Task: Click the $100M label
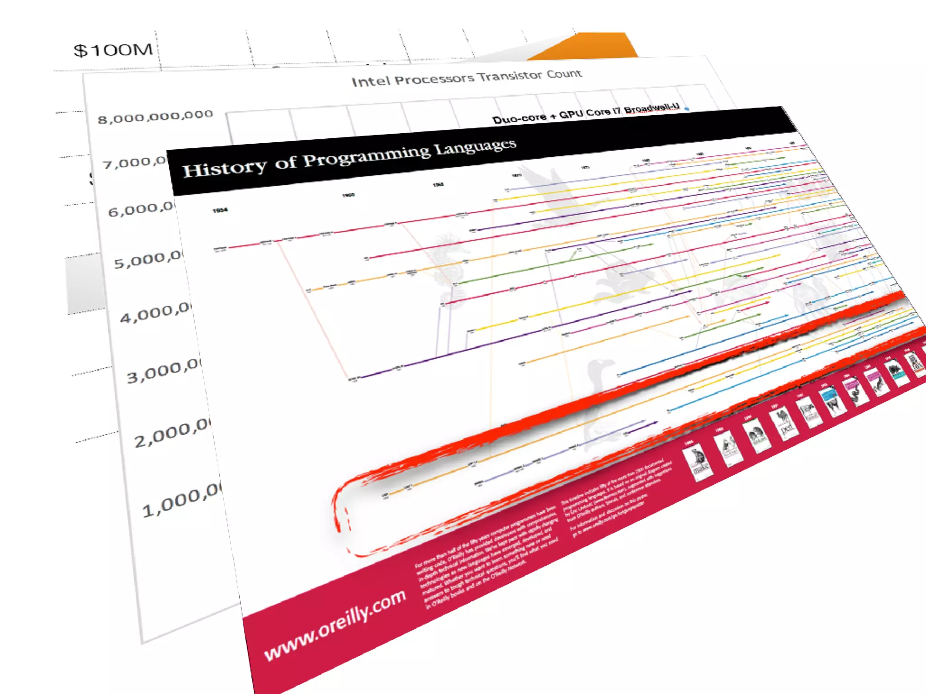tap(113, 50)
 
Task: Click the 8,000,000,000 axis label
tap(155, 117)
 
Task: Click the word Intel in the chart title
tap(371, 81)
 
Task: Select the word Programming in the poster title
tap(366, 156)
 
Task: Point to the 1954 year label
tap(220, 211)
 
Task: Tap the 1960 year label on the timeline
tap(348, 195)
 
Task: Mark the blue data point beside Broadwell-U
tap(687, 108)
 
